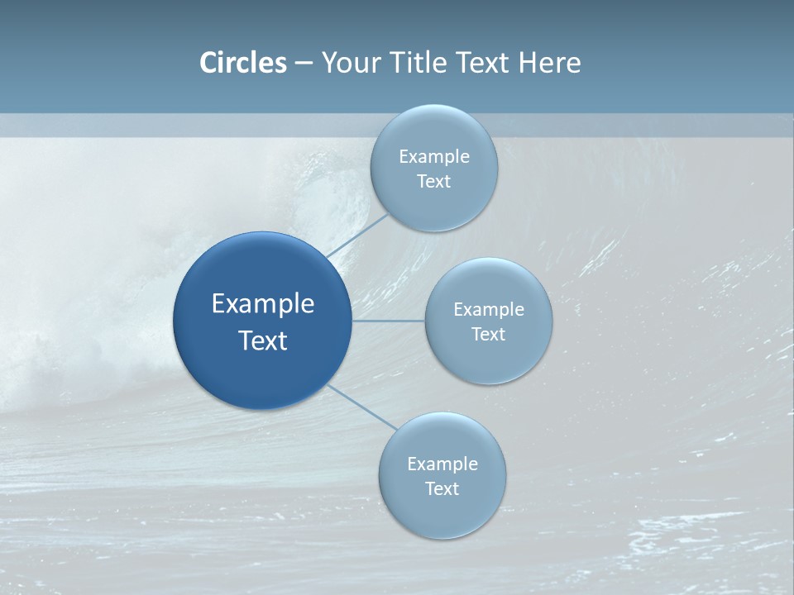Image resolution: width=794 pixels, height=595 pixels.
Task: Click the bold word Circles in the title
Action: pyautogui.click(x=243, y=63)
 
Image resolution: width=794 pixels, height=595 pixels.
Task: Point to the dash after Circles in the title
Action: pyautogui.click(x=304, y=64)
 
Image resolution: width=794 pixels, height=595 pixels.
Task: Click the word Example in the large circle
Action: pyautogui.click(x=263, y=304)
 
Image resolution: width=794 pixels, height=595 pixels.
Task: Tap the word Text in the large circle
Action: pyautogui.click(x=263, y=340)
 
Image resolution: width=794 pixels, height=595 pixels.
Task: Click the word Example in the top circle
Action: pyautogui.click(x=434, y=157)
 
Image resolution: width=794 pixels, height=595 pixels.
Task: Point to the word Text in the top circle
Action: pyautogui.click(x=434, y=182)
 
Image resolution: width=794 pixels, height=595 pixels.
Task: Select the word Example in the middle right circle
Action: pyautogui.click(x=489, y=310)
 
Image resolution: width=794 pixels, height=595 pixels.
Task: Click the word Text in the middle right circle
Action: pyautogui.click(x=489, y=335)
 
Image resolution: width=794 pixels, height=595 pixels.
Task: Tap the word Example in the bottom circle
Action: pyautogui.click(x=442, y=464)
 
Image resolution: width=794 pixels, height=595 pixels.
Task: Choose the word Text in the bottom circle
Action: pyautogui.click(x=442, y=489)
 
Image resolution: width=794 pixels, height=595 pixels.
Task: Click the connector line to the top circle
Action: pyautogui.click(x=357, y=236)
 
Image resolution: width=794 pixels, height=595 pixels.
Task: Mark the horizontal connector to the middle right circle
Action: pyautogui.click(x=389, y=321)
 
